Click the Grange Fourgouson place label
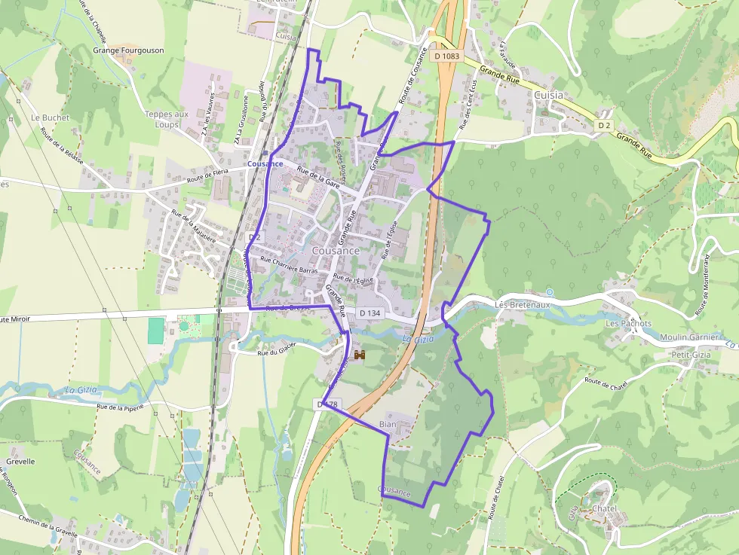pyautogui.click(x=128, y=50)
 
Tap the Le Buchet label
pyautogui.click(x=51, y=117)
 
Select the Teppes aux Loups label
pyautogui.click(x=167, y=119)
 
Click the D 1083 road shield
pyautogui.click(x=446, y=56)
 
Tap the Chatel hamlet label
pyautogui.click(x=605, y=508)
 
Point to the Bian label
pyautogui.click(x=388, y=425)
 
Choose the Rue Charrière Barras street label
pyautogui.click(x=289, y=265)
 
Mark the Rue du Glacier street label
pyautogui.click(x=277, y=349)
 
